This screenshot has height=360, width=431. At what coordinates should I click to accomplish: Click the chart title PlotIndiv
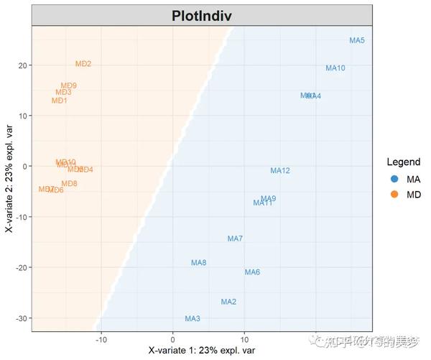click(x=202, y=17)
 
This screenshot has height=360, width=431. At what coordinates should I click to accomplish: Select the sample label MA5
click(x=357, y=41)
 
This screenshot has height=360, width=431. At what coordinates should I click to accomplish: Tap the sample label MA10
click(x=335, y=68)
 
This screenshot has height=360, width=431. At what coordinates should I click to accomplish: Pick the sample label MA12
click(x=280, y=171)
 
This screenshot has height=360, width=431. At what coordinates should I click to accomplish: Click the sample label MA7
click(x=235, y=239)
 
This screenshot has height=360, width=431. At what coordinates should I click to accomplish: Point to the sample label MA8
click(x=199, y=263)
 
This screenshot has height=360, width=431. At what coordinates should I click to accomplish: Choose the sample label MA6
click(x=252, y=272)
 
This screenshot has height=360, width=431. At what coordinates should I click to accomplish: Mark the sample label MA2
click(x=228, y=302)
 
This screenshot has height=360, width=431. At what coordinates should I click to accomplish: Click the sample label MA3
click(x=193, y=318)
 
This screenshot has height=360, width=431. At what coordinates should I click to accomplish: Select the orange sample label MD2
click(x=83, y=64)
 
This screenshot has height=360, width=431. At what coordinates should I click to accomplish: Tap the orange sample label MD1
click(x=60, y=101)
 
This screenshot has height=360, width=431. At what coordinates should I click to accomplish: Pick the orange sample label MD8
click(x=69, y=184)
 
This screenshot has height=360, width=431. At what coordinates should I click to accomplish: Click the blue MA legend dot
click(x=394, y=179)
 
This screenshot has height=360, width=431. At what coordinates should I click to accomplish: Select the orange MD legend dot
click(x=394, y=195)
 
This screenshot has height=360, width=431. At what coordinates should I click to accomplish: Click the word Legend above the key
click(x=403, y=162)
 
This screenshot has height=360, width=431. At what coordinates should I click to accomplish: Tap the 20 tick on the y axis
click(x=22, y=65)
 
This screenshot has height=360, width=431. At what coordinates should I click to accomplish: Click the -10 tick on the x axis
click(x=101, y=338)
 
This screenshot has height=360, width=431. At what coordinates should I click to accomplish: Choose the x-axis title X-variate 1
click(x=202, y=351)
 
